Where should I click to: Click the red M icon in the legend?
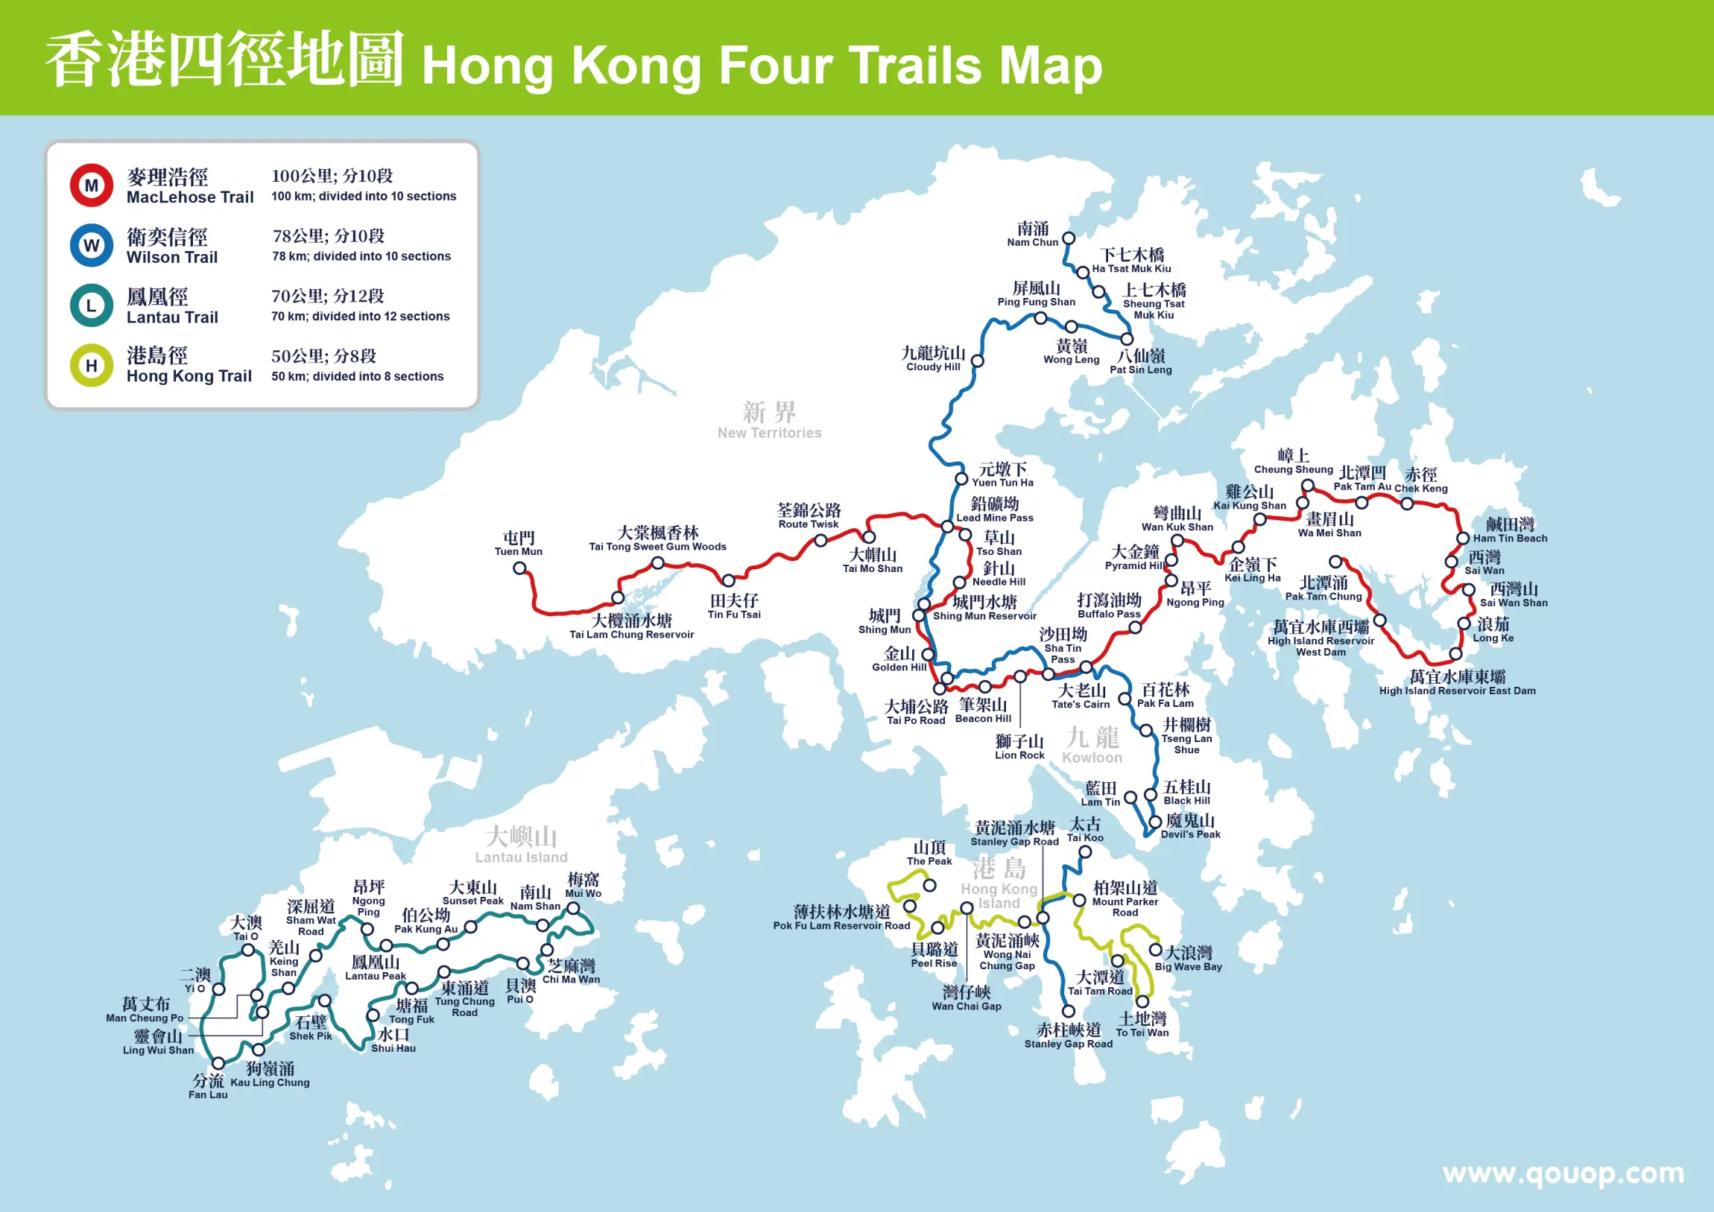[91, 185]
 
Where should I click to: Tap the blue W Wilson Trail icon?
[91, 245]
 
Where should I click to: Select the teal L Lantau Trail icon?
[91, 305]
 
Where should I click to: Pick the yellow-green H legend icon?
[91, 365]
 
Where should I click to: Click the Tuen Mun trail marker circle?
[519, 568]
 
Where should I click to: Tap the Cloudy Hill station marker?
[977, 361]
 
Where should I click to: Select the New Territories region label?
[769, 421]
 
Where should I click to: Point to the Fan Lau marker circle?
[219, 1064]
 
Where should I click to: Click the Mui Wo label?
[583, 886]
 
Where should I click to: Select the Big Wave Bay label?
[1189, 959]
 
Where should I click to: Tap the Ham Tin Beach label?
[1510, 530]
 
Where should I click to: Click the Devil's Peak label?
[1190, 827]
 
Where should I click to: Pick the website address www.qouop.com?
[1563, 1173]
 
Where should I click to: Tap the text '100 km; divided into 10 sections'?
[364, 196]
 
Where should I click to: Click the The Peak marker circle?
[929, 886]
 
